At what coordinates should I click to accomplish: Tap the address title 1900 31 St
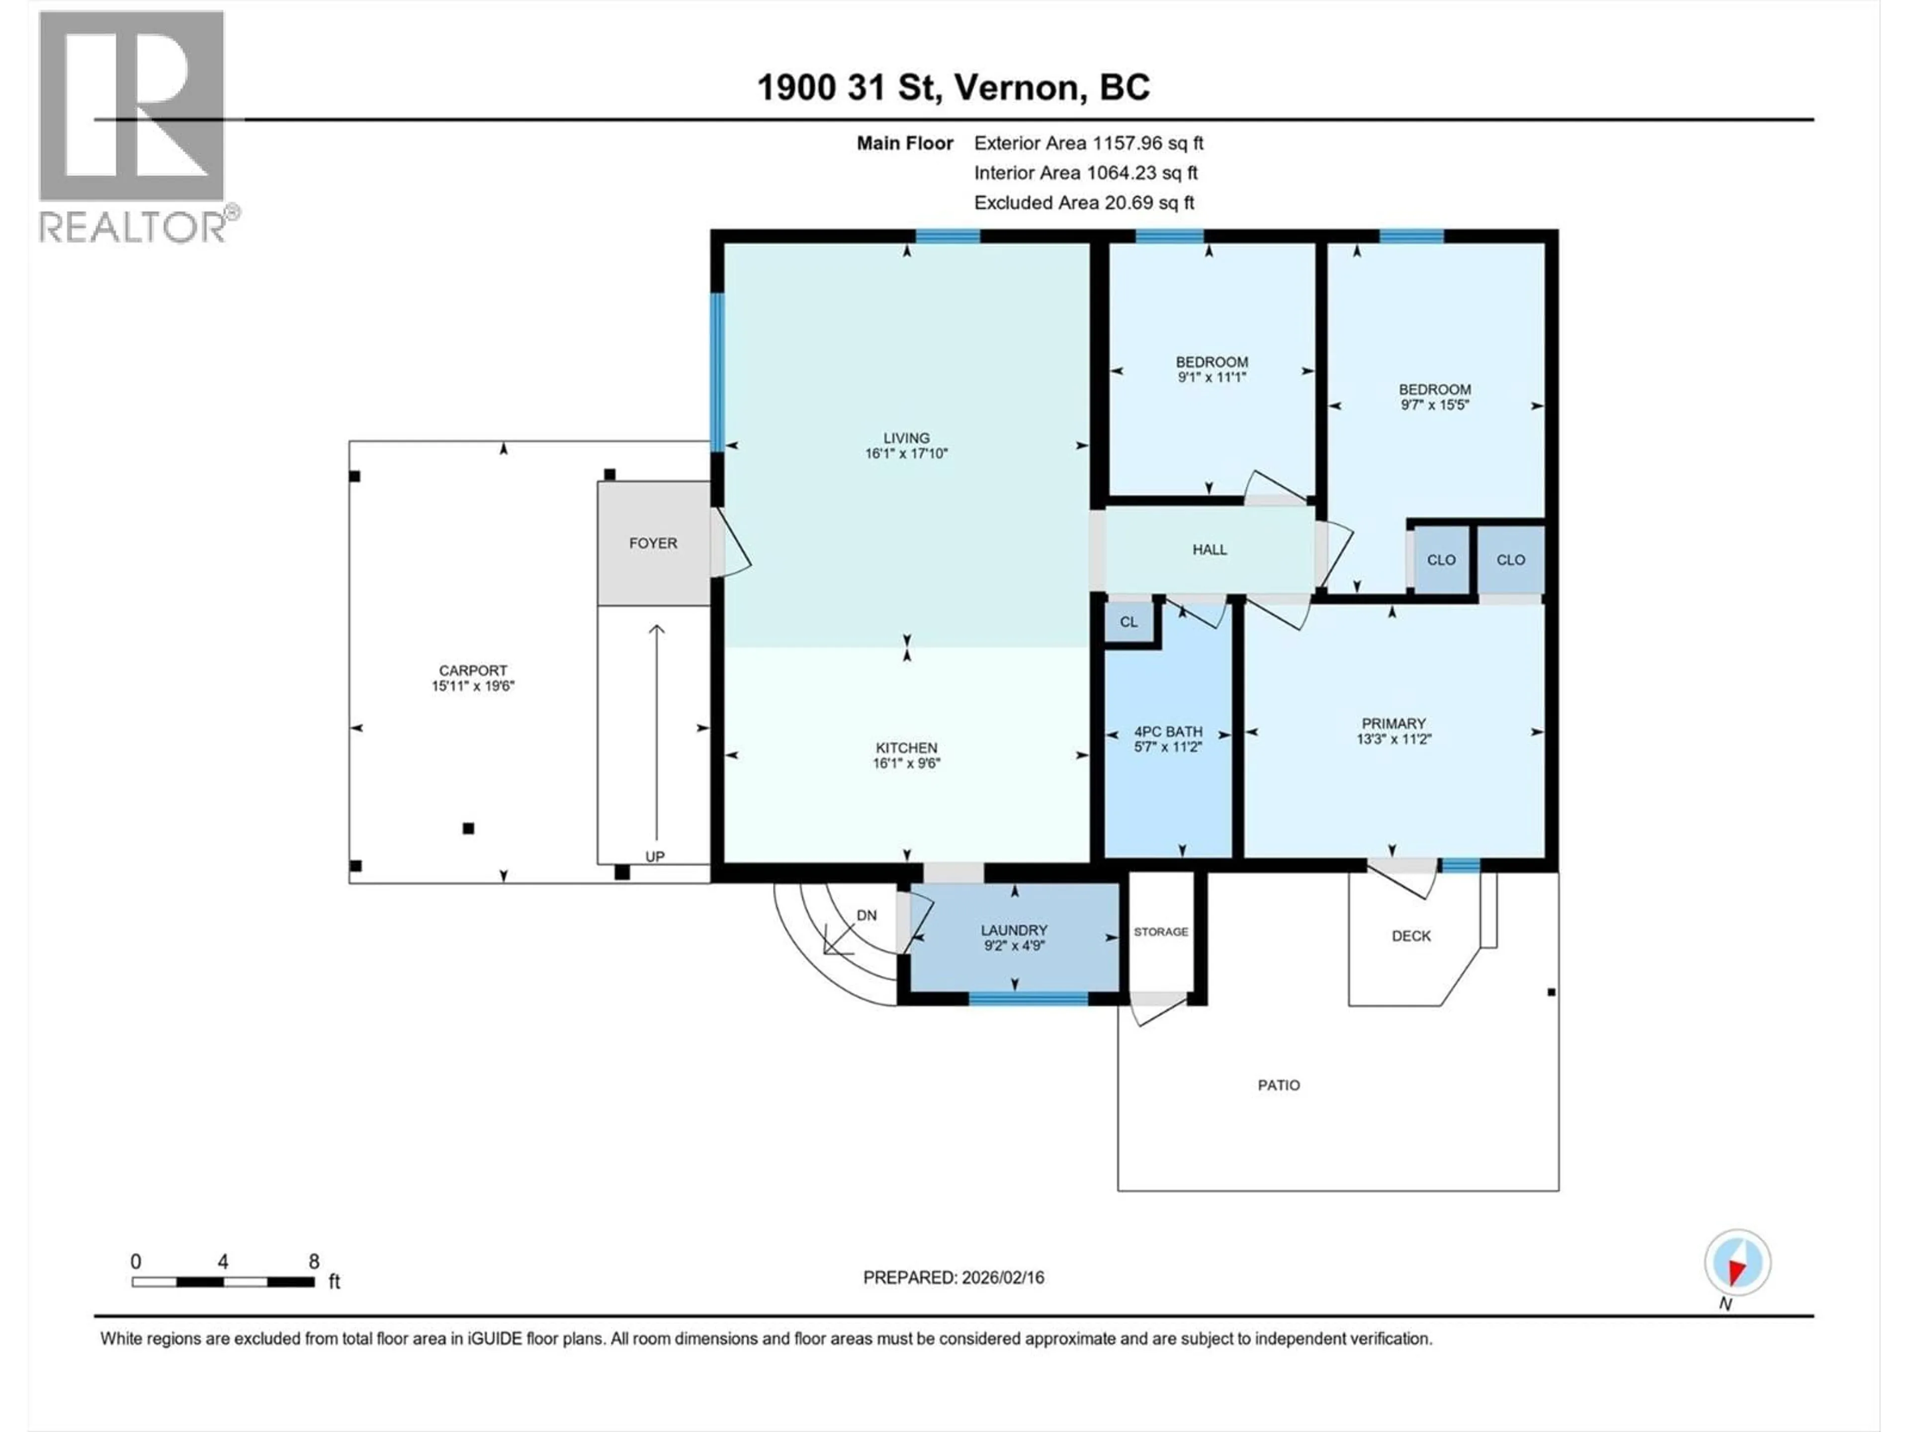click(953, 87)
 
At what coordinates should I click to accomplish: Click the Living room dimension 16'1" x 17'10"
click(906, 453)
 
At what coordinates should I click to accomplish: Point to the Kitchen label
click(906, 747)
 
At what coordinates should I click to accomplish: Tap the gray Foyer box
click(653, 543)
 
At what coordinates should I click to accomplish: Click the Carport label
click(473, 670)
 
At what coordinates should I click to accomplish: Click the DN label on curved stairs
click(867, 915)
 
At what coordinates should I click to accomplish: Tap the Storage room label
click(1161, 931)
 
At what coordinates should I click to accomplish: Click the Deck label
click(1411, 936)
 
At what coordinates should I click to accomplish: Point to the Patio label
click(1278, 1085)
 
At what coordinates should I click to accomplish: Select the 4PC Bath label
click(1168, 731)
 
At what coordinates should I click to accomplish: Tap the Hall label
click(1209, 549)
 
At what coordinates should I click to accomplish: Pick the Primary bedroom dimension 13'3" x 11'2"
click(1394, 739)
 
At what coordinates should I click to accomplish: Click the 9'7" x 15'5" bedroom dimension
click(1434, 404)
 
